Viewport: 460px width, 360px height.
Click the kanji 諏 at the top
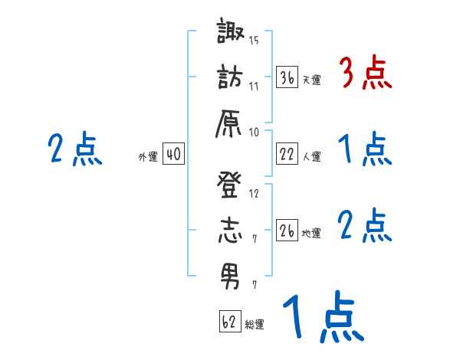pos(231,34)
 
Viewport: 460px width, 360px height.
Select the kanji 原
pos(231,123)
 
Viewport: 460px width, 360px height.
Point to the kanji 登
pos(231,185)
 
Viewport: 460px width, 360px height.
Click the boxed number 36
pos(287,77)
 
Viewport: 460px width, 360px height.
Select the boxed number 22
pos(287,154)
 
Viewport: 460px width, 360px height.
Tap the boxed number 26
pos(287,231)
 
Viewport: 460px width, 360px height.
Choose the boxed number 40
pos(172,154)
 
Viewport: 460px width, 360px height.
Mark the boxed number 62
pos(229,321)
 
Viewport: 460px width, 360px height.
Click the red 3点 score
pos(364,74)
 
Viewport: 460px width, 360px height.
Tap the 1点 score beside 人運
pos(364,149)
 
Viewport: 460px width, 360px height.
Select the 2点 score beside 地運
pos(364,226)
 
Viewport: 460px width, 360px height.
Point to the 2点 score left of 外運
pos(74,149)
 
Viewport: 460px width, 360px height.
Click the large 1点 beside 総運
pos(320,317)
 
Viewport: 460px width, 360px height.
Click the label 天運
pos(311,79)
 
